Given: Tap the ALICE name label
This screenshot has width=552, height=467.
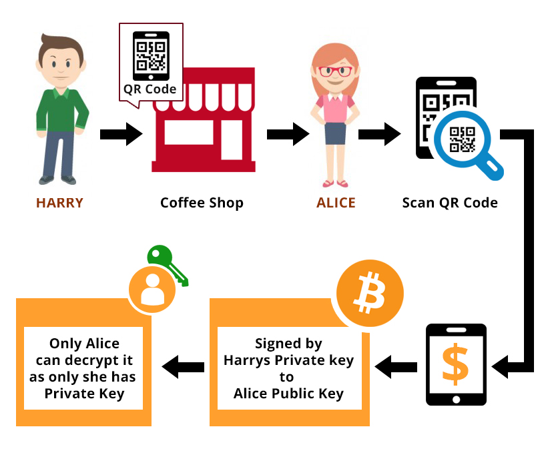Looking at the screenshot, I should (x=336, y=202).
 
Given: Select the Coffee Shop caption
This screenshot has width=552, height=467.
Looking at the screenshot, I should (x=202, y=202).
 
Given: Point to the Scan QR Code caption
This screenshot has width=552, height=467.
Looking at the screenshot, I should (x=450, y=202).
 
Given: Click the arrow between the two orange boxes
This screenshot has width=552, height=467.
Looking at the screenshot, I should (x=184, y=365).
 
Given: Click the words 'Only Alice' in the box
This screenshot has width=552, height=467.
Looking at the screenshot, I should (x=84, y=344).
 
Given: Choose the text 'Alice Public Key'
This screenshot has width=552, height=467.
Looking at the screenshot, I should (x=288, y=394).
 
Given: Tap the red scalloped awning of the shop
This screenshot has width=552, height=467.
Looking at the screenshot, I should (x=202, y=87).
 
